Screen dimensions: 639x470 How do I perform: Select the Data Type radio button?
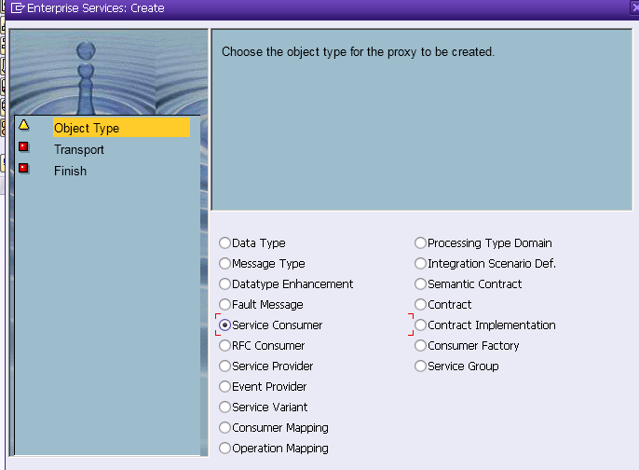coord(224,243)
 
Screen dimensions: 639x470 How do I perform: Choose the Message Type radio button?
coord(224,264)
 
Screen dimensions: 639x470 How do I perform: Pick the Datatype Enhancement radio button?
coord(224,283)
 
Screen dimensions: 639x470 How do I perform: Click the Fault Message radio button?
coord(224,304)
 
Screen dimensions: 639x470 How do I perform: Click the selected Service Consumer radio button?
coord(224,325)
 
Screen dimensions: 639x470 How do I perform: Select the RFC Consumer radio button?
coord(224,346)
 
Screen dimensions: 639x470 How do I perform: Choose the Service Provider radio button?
coord(224,366)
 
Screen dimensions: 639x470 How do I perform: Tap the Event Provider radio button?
coord(224,386)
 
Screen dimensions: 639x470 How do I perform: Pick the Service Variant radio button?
coord(224,408)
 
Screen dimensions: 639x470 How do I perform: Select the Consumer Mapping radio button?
coord(224,427)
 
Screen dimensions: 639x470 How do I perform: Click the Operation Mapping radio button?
coord(224,448)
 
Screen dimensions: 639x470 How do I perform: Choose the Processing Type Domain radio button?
coord(420,243)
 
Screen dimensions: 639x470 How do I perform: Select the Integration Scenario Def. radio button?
coord(420,264)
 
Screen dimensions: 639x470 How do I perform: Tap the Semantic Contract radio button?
coord(420,283)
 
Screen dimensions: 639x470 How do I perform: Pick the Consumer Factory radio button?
coord(420,346)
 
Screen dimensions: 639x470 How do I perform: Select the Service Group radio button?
coord(420,366)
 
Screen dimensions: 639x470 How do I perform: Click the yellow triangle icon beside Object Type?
coord(23,125)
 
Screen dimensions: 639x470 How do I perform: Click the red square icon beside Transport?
coord(23,146)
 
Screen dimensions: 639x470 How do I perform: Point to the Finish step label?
coord(70,171)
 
